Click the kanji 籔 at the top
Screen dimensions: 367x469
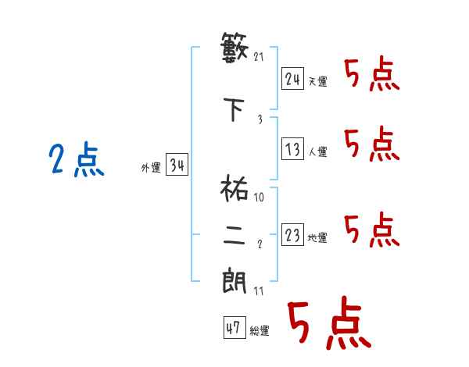pos(234,50)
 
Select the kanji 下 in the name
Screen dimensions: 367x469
pos(234,109)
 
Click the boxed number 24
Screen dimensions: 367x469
pos(292,79)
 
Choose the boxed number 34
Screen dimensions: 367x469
pos(176,166)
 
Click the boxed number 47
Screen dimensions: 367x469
pos(233,329)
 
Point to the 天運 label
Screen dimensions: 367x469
pos(317,81)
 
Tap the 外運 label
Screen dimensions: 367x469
pos(150,167)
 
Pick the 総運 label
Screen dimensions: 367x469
pos(259,331)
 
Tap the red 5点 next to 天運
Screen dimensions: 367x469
pos(371,76)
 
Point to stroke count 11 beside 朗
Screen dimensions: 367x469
pos(259,291)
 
